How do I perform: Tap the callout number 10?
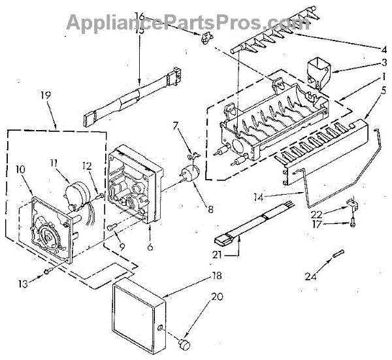point(20,169)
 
